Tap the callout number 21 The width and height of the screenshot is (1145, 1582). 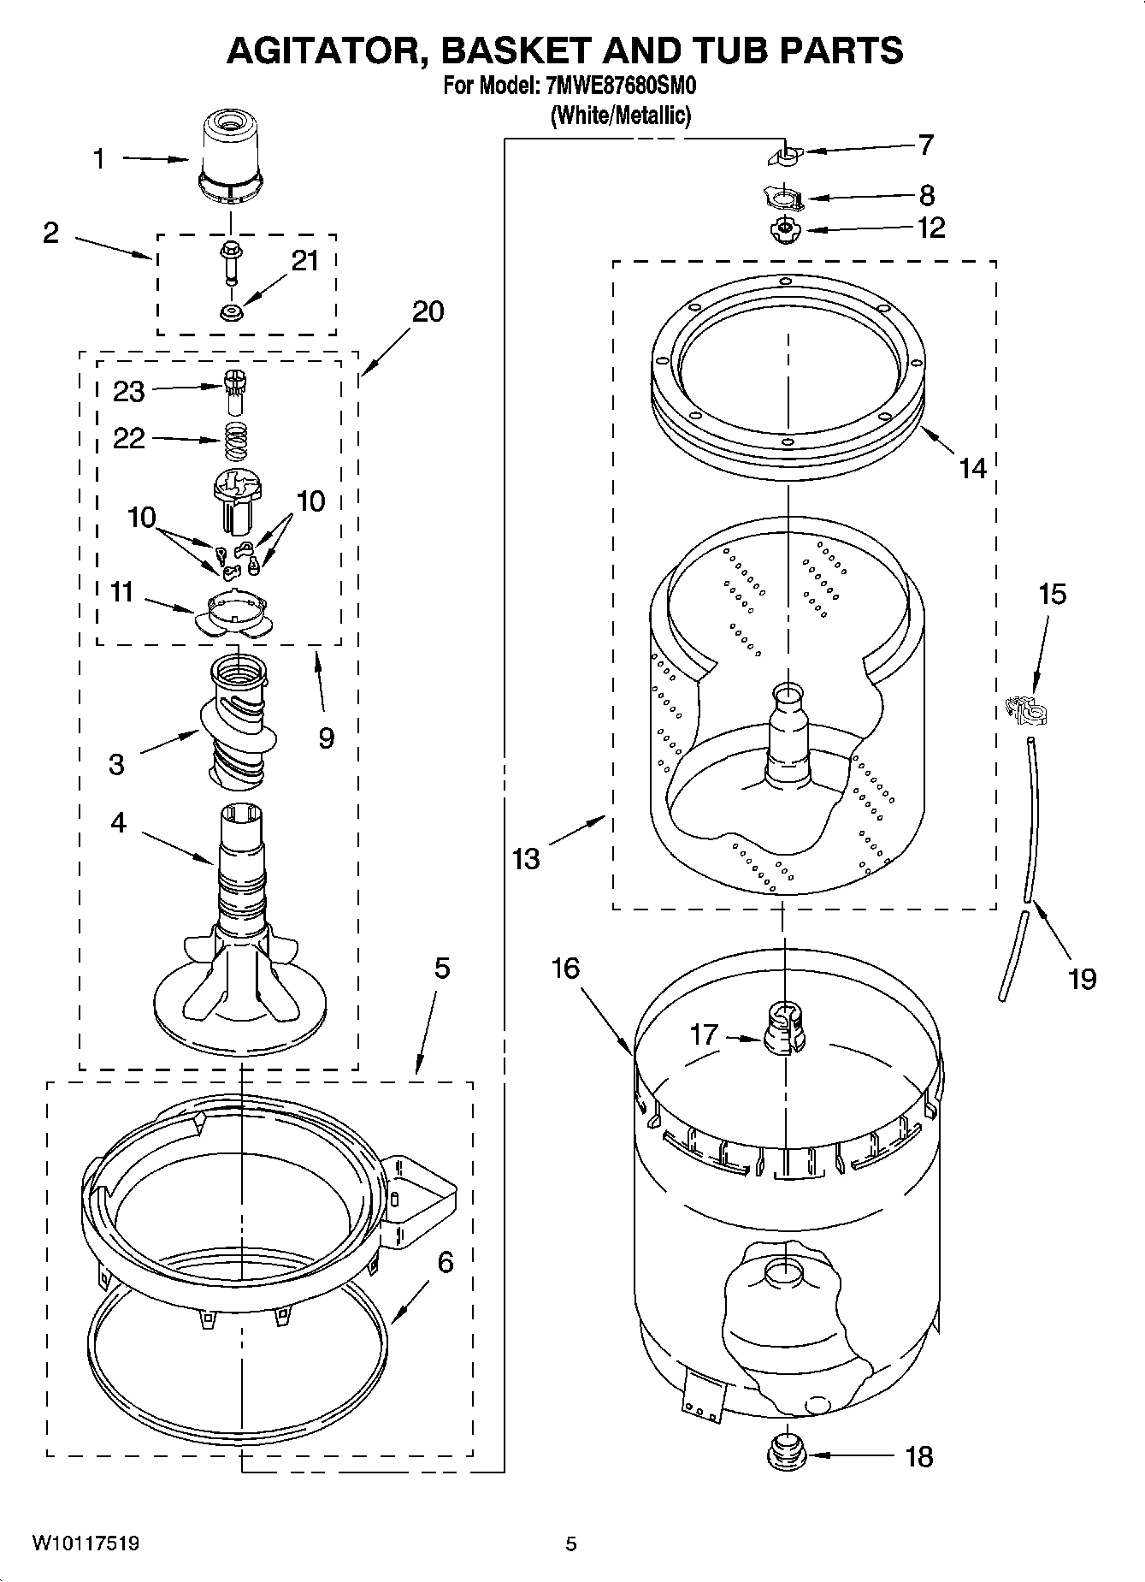tap(304, 261)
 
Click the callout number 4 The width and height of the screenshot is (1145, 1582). tap(118, 822)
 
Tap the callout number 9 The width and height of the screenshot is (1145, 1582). tap(326, 737)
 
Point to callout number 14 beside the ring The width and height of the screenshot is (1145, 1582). tap(972, 468)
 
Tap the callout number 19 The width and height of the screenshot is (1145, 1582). tap(1082, 978)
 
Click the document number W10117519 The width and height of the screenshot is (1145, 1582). tap(86, 1543)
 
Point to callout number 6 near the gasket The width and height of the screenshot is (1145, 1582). tap(446, 1262)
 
